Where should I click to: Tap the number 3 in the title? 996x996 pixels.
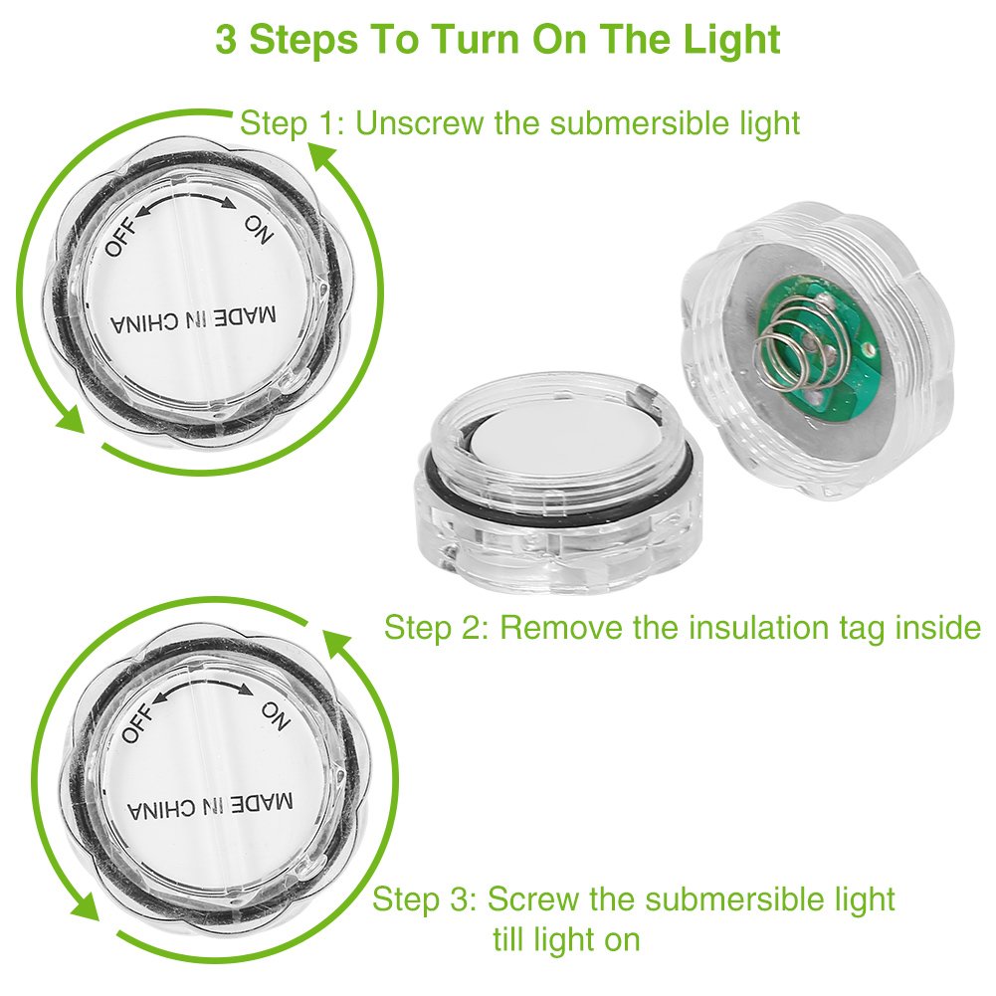226,40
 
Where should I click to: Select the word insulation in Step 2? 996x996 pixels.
759,628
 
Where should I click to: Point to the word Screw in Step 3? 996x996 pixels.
533,898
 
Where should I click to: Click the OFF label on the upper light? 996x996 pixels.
121,238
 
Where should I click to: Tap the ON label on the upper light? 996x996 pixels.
259,230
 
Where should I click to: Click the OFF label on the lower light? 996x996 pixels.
138,722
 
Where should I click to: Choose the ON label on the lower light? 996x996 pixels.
276,715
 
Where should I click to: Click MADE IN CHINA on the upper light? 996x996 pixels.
194,319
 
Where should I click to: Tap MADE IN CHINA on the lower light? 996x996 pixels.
210,807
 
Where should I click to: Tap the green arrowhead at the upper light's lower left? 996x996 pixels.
70,421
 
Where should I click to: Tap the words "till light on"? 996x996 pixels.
566,939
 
